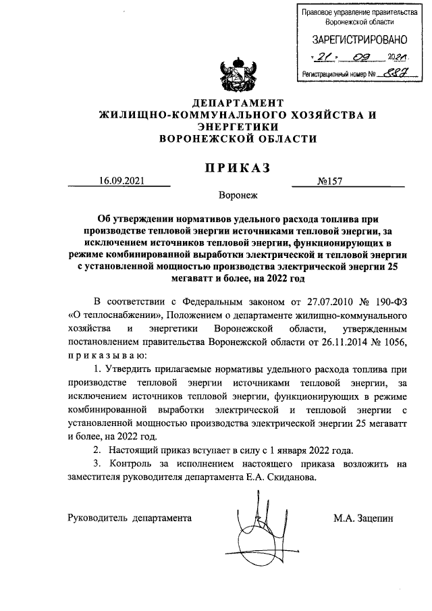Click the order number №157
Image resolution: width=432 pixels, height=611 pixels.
(x=328, y=181)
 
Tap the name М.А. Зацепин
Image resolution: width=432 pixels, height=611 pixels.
(x=362, y=519)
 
